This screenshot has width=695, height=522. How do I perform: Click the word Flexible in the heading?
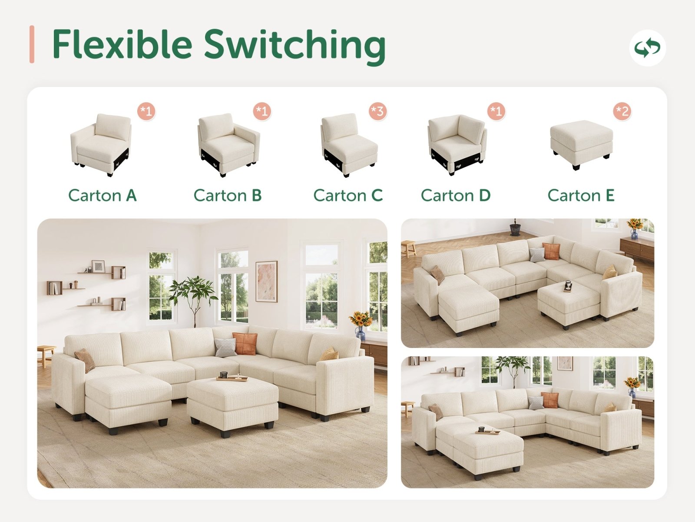[122, 44]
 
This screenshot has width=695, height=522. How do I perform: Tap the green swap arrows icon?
[647, 48]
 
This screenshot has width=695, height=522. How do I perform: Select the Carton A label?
[103, 196]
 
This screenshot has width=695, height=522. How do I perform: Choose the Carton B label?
[228, 196]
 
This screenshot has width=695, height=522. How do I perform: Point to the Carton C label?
[348, 196]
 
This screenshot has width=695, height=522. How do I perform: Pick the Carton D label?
[456, 196]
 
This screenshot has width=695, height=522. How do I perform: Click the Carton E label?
[581, 196]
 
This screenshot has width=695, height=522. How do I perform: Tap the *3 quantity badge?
[377, 111]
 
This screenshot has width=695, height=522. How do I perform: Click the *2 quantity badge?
[622, 111]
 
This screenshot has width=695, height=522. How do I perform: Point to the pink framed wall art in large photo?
[266, 281]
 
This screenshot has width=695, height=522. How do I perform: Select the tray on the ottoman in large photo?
[232, 377]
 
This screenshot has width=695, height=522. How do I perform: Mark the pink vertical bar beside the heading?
[32, 44]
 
